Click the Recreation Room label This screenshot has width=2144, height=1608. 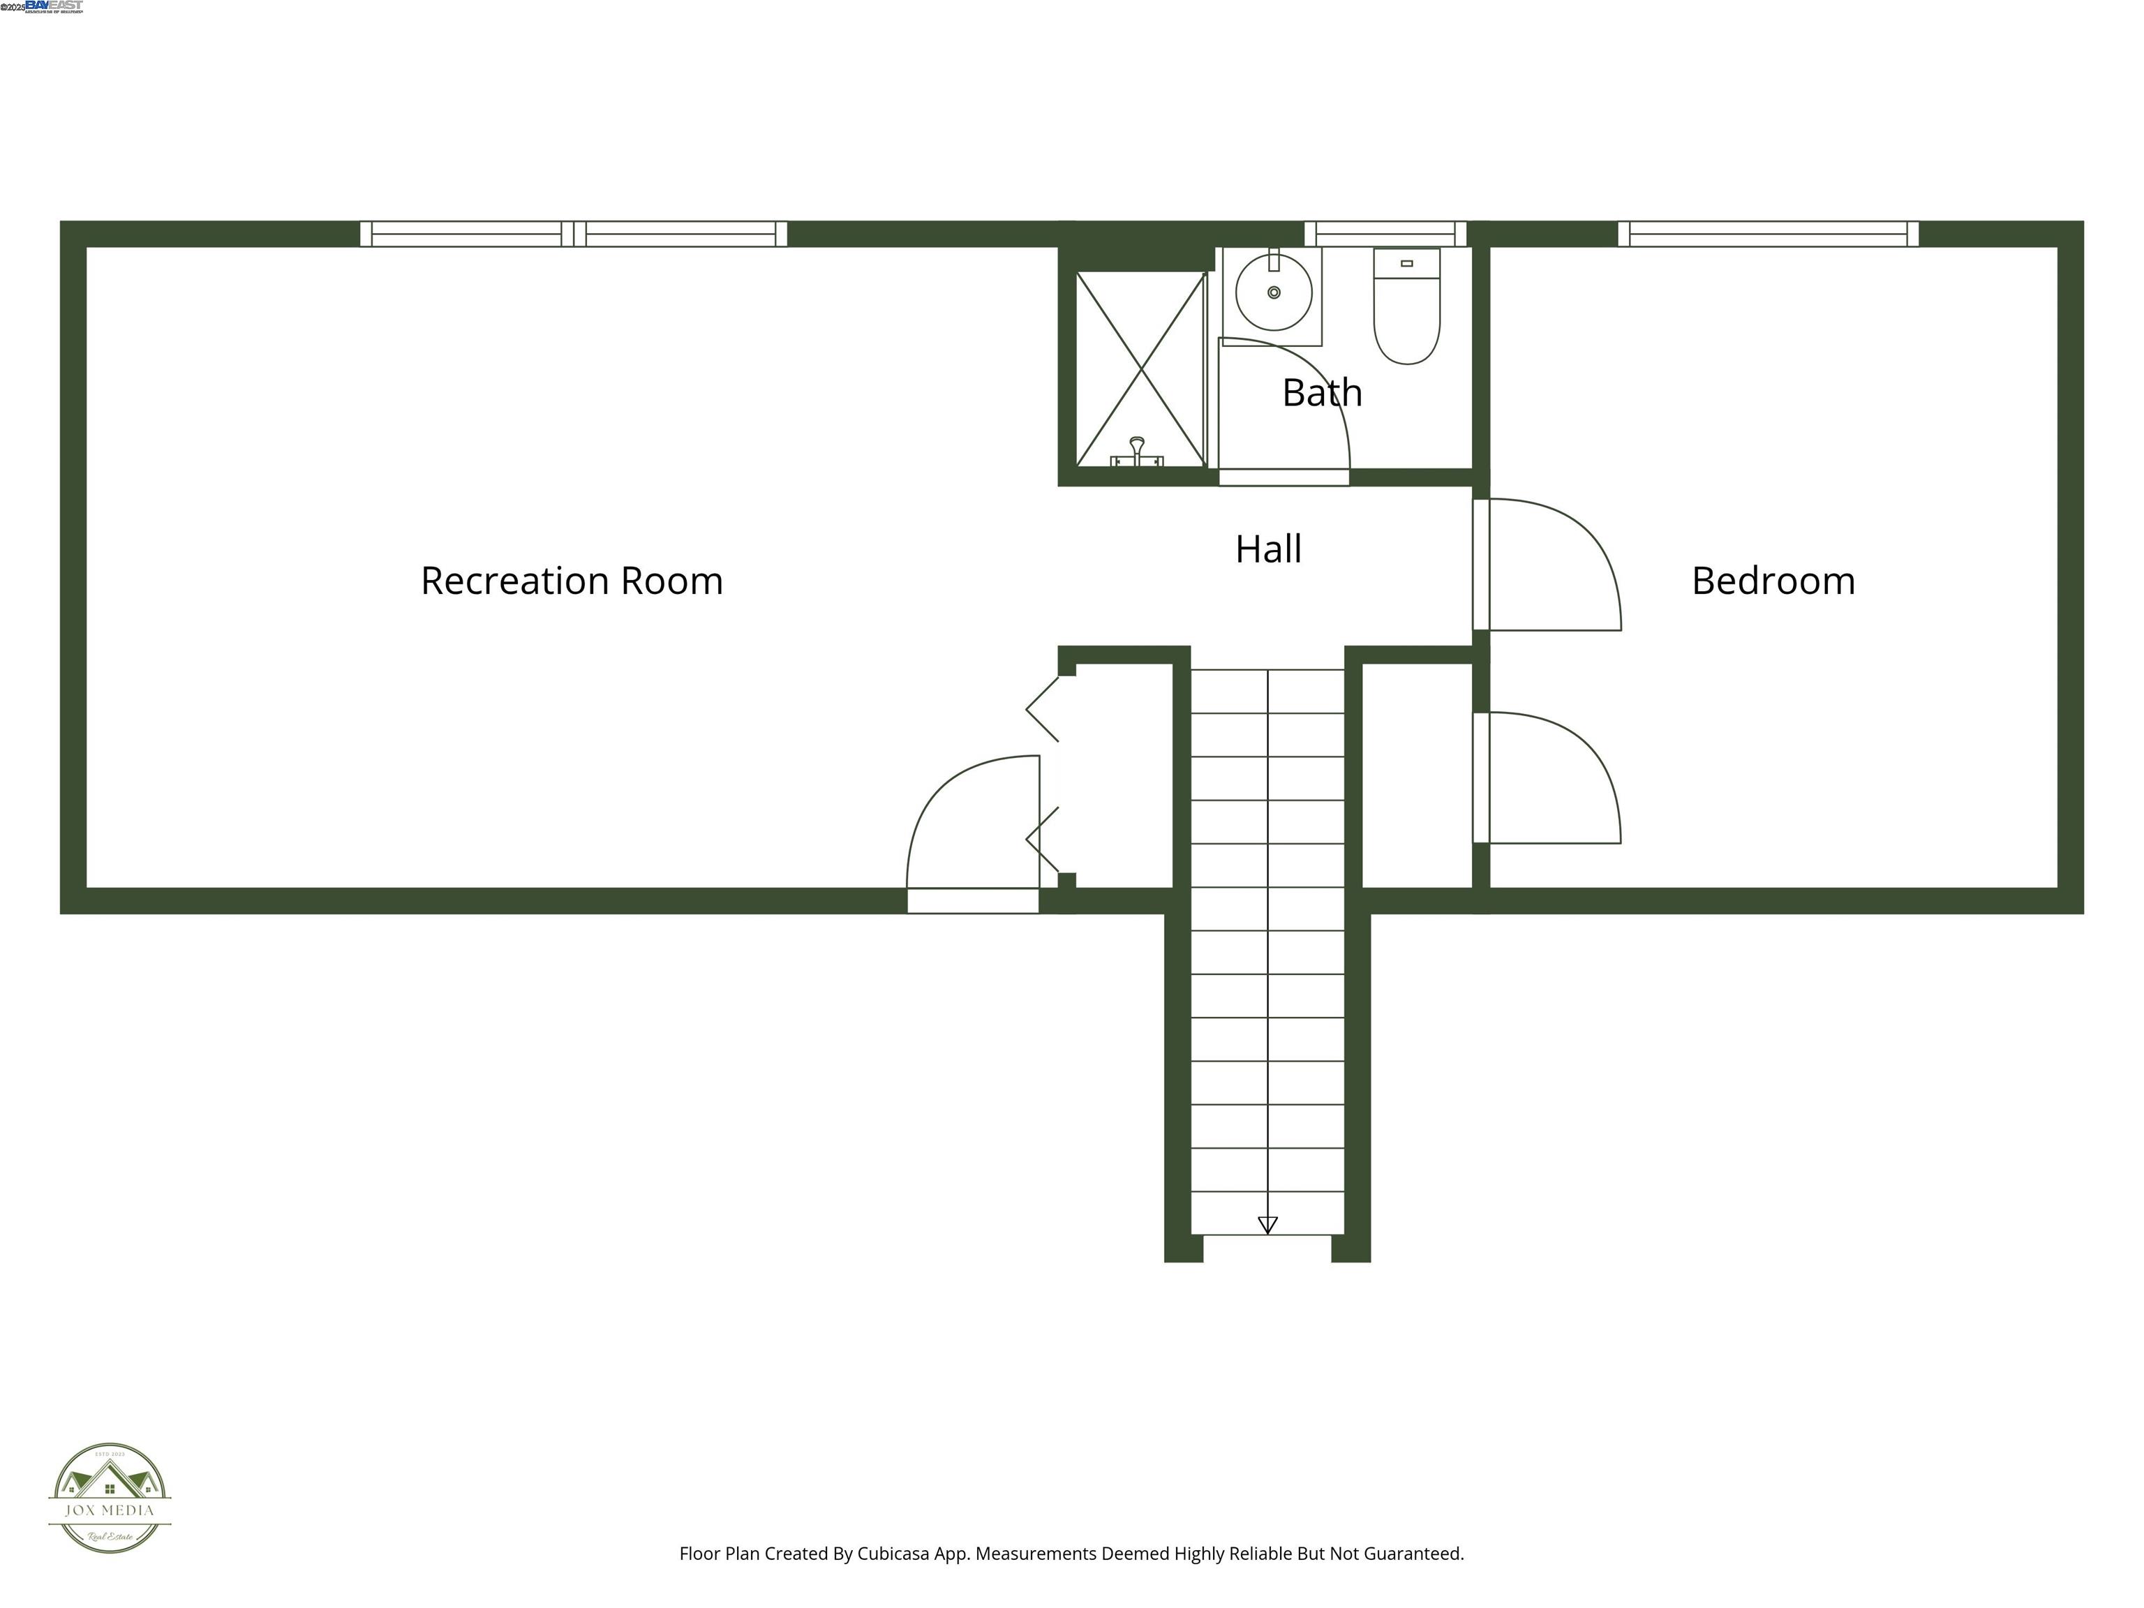pos(572,581)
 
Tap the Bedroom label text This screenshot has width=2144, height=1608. pos(1773,581)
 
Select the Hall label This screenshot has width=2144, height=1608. pos(1268,549)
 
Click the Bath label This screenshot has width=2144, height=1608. pos(1322,392)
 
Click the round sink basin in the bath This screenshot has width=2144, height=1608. pos(1274,292)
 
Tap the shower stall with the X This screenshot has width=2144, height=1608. pos(1141,368)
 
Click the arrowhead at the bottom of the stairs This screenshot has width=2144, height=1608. pos(1267,1225)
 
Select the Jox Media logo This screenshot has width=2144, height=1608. pos(110,1498)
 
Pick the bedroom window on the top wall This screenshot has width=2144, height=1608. pos(1768,234)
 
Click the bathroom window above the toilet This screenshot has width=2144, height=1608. pos(1385,234)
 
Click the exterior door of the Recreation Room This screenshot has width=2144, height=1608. pos(972,833)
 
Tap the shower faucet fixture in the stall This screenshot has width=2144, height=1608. pos(1137,453)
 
